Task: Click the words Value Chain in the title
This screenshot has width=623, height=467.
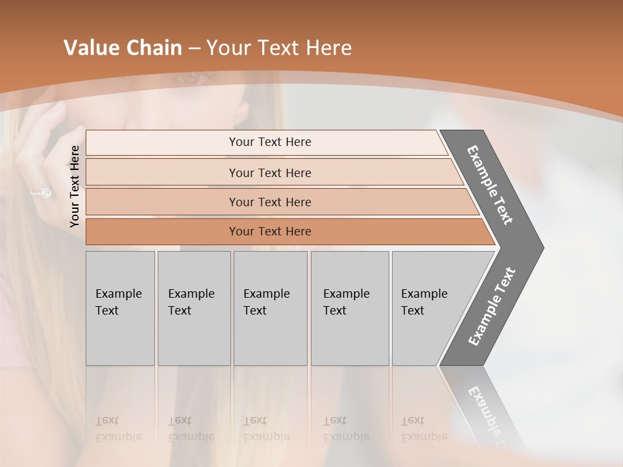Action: pyautogui.click(x=123, y=48)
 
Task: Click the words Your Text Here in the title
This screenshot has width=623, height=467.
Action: pyautogui.click(x=279, y=48)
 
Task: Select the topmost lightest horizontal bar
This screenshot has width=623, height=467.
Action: pyautogui.click(x=269, y=142)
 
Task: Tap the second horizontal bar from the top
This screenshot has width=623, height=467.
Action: pyautogui.click(x=269, y=173)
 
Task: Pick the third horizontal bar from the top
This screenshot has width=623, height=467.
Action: pyautogui.click(x=269, y=202)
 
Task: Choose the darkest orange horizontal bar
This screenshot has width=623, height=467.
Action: pyautogui.click(x=269, y=232)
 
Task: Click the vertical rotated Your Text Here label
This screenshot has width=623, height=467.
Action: pyautogui.click(x=75, y=186)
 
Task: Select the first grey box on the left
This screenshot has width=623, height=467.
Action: pyautogui.click(x=120, y=308)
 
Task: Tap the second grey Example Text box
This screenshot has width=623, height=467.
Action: pyautogui.click(x=194, y=308)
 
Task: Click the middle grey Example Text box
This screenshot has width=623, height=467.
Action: pyautogui.click(x=270, y=308)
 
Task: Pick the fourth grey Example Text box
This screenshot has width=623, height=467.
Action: pyautogui.click(x=350, y=308)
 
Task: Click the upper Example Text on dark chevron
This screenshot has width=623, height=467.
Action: pyautogui.click(x=490, y=185)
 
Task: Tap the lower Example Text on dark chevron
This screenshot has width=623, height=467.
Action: pyautogui.click(x=492, y=306)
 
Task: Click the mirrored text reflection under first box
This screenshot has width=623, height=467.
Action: pyautogui.click(x=118, y=429)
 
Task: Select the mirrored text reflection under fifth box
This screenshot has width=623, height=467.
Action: pyautogui.click(x=424, y=429)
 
